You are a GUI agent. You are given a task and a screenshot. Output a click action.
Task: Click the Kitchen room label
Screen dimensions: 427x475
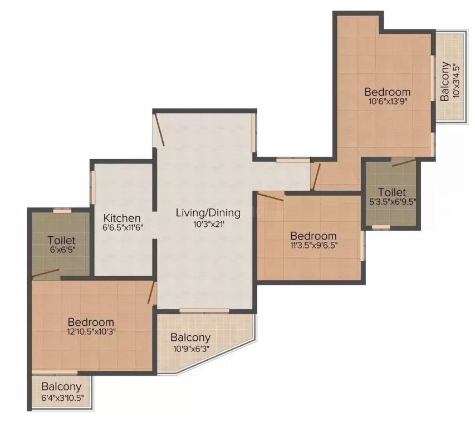tap(122, 218)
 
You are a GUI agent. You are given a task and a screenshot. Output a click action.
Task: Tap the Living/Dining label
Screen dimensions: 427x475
tap(208, 212)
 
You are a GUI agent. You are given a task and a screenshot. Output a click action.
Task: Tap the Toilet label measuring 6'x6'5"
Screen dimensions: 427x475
tap(61, 240)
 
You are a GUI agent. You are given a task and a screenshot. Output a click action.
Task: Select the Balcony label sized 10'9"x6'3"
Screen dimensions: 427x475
tap(190, 337)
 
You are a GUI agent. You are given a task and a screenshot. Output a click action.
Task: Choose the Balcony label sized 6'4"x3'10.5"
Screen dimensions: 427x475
tap(61, 386)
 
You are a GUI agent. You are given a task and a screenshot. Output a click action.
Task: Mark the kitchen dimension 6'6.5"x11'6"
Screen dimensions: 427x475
tap(122, 228)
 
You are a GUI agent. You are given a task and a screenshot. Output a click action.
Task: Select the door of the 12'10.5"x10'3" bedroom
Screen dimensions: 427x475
tap(151, 292)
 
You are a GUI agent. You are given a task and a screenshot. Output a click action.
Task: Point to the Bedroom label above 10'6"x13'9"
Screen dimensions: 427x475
tap(388, 92)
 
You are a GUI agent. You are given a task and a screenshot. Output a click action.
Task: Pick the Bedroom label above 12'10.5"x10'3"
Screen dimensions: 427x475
tap(91, 322)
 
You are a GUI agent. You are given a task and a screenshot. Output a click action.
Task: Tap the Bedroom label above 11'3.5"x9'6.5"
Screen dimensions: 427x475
tap(314, 236)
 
